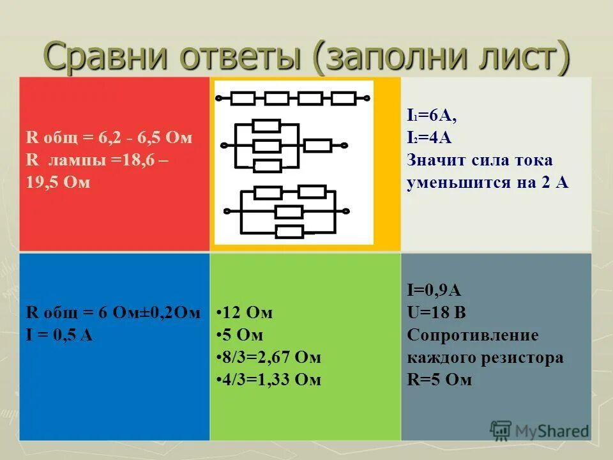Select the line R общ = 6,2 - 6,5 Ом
[x=109, y=138]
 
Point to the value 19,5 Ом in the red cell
[x=58, y=182]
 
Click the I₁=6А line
[x=432, y=116]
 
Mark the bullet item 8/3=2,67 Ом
[x=269, y=357]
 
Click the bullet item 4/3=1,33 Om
[x=269, y=379]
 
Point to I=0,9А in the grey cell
[x=434, y=291]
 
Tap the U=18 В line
[x=436, y=313]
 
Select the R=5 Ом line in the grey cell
[x=439, y=379]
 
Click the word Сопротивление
[x=473, y=335]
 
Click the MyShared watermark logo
[x=540, y=431]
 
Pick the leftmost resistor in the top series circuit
[x=243, y=98]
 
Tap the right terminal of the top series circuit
[x=367, y=98]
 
